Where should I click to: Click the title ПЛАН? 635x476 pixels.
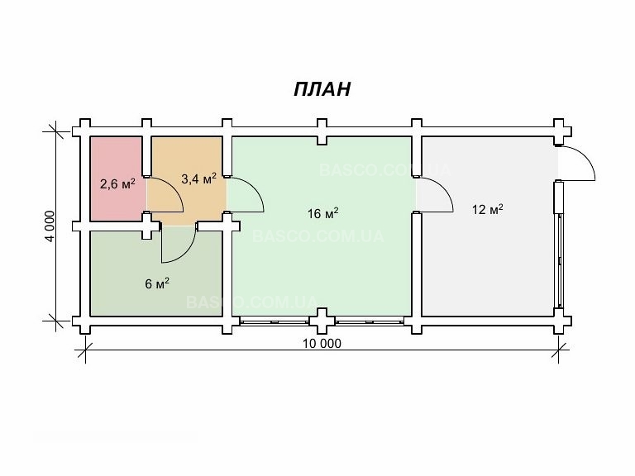tap(322, 89)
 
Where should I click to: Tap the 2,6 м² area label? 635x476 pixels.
tap(117, 183)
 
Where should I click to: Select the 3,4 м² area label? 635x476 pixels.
tap(198, 178)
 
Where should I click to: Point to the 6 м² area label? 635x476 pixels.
tap(157, 283)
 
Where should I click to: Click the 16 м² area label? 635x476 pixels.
tap(322, 213)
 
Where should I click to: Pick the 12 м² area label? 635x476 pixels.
tap(488, 209)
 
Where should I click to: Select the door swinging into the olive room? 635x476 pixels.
tap(178, 240)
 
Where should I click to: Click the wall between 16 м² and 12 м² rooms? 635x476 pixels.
tap(417, 264)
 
